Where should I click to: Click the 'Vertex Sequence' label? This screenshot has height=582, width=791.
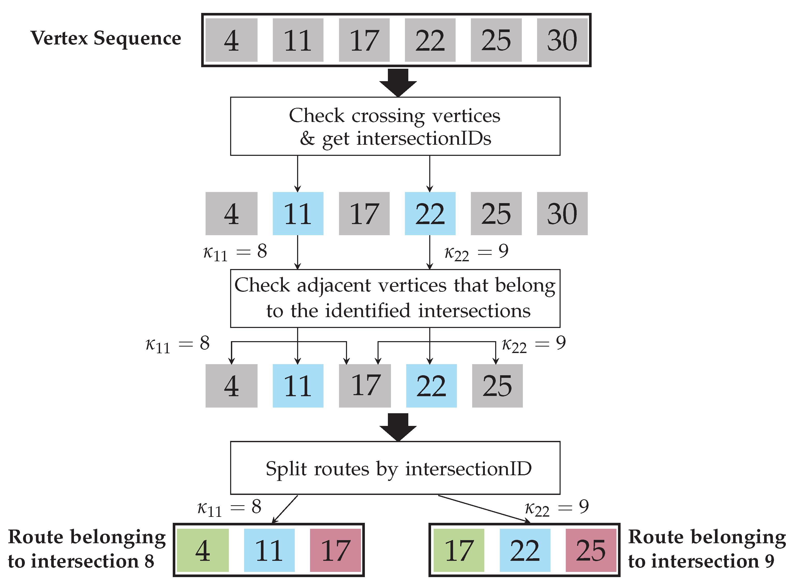106,38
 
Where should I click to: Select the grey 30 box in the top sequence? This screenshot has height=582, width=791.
562,40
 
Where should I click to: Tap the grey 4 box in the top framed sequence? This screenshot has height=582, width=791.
231,40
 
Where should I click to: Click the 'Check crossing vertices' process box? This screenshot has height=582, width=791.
395,126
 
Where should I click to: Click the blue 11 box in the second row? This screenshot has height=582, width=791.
298,213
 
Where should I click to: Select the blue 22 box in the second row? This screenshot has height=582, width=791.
430,213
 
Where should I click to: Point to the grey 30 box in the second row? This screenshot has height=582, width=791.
562,213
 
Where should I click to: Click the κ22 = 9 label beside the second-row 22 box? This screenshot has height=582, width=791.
476,252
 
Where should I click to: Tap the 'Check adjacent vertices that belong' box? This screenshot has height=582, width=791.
395,298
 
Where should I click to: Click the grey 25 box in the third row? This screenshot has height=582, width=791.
497,386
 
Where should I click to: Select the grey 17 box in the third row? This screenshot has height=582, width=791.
365,386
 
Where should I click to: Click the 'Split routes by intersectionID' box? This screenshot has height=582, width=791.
395,468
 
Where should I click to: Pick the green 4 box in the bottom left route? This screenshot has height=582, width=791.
203,550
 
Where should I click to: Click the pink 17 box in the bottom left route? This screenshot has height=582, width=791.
335,550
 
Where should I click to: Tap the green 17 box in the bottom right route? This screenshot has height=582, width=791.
459,550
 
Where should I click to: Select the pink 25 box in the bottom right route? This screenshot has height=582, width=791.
591,550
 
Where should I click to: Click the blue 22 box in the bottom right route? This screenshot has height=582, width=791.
525,550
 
